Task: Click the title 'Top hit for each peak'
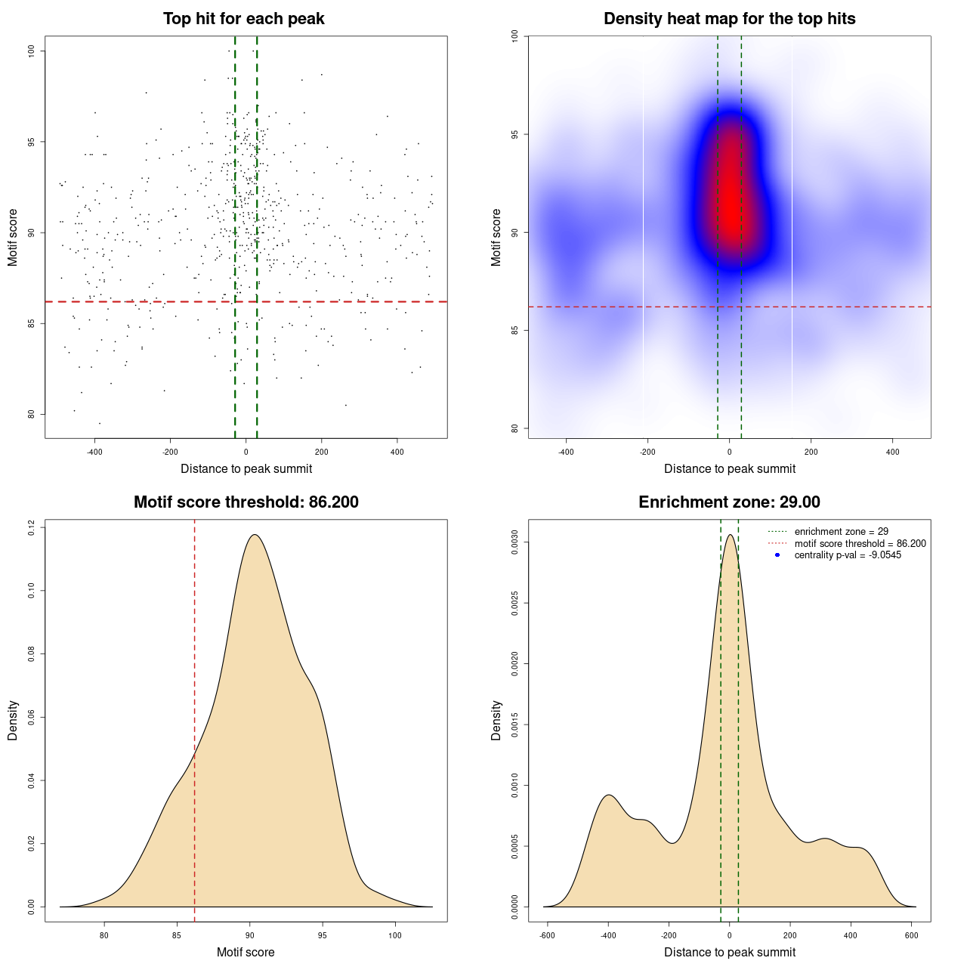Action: tap(243, 19)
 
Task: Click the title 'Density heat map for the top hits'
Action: tap(729, 19)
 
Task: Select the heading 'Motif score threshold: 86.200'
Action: tap(246, 502)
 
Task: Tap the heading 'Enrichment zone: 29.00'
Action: tap(729, 502)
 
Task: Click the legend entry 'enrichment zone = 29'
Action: tap(841, 532)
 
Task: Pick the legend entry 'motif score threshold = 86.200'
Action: tap(860, 543)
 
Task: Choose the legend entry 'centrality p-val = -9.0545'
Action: tap(848, 555)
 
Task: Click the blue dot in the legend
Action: tap(777, 555)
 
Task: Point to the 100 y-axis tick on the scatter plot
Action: tap(32, 51)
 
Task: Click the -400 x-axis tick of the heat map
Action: tap(566, 452)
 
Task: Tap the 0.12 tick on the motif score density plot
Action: tap(32, 527)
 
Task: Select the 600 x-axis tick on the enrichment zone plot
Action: tap(912, 935)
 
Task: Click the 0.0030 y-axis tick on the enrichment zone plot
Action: tap(515, 542)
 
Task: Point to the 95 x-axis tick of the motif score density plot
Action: tap(323, 935)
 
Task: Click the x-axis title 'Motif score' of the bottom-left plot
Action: tap(246, 952)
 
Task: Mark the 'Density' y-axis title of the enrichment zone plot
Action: tap(496, 720)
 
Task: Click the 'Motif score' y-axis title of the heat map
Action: tap(496, 237)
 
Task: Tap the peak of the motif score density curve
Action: tap(255, 535)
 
